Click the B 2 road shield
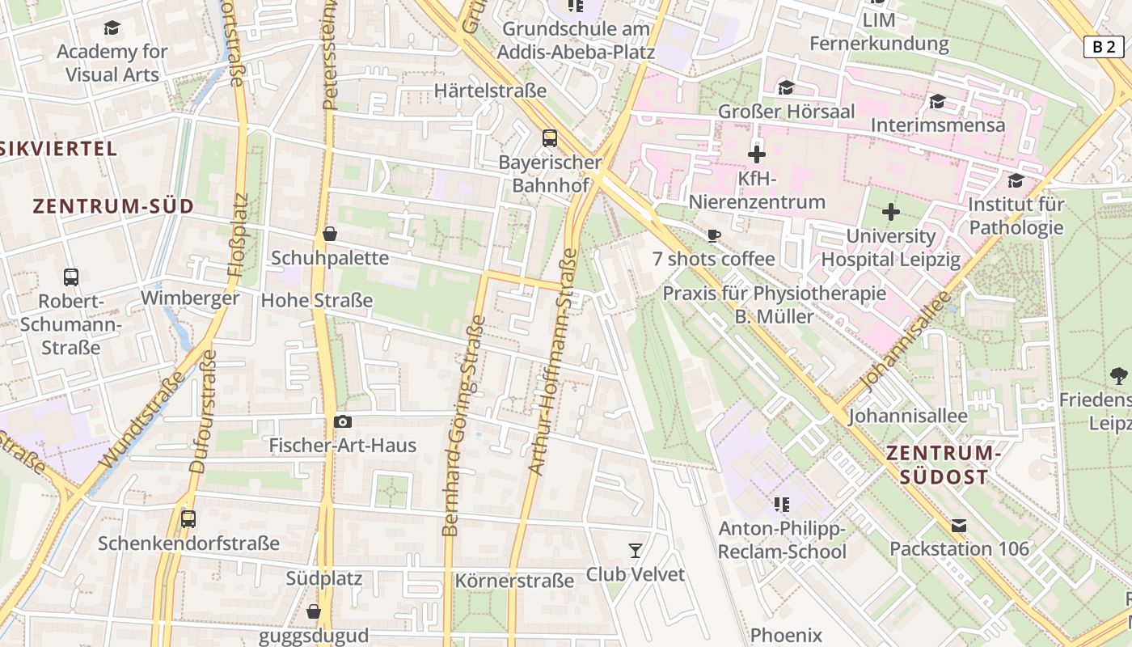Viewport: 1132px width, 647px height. pos(1104,47)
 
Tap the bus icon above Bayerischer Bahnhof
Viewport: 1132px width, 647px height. pos(550,138)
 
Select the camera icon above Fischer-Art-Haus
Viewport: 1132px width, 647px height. pos(343,421)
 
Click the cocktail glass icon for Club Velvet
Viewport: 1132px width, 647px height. pos(636,551)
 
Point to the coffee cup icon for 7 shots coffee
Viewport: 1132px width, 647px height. pos(713,235)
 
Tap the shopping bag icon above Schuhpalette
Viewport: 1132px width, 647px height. pos(330,234)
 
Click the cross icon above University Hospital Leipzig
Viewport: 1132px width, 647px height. pos(891,213)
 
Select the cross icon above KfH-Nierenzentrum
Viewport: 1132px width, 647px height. pos(757,154)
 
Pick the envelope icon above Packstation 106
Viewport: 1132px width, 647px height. pos(959,526)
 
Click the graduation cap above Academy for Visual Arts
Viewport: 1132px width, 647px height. pos(112,28)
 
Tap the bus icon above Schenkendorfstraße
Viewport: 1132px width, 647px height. pos(188,519)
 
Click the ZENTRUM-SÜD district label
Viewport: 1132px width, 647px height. pos(114,206)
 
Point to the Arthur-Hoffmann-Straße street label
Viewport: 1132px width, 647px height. pos(553,362)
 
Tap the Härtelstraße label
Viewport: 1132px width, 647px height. pos(491,91)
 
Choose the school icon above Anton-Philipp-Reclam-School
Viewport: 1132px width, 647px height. pos(781,505)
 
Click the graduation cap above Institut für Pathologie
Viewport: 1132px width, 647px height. pos(1016,180)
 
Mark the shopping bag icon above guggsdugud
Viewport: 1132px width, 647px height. pos(314,611)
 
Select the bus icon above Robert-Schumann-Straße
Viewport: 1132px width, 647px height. pos(71,277)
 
